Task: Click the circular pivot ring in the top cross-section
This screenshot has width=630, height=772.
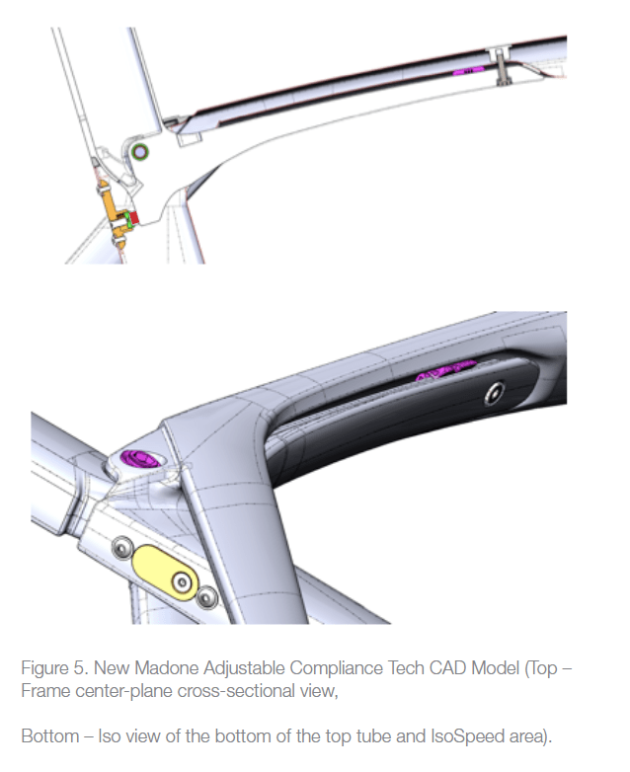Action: [140, 152]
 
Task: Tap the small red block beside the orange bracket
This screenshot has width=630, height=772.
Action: [134, 217]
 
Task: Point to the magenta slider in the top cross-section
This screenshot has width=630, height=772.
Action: [468, 71]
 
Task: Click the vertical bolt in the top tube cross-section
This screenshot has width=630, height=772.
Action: [502, 65]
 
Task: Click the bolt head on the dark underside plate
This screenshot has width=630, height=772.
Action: [494, 393]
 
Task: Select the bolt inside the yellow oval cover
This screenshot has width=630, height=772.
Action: [182, 582]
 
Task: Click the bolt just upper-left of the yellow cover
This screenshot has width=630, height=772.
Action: [122, 548]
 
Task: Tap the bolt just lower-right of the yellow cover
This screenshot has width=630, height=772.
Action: [206, 597]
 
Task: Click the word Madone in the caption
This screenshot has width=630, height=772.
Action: [167, 668]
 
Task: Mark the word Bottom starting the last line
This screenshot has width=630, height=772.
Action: [50, 736]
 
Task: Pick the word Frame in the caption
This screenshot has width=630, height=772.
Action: [45, 691]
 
